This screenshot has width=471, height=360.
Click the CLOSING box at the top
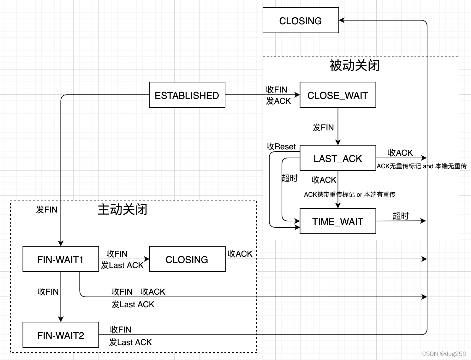coord(301,21)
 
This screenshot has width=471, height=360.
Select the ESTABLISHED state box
coord(187,95)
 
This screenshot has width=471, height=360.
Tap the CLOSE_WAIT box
coord(337,95)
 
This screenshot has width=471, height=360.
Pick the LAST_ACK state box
coord(337,158)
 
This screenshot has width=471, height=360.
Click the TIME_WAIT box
coord(337,221)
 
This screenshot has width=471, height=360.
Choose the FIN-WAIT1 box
coord(61,259)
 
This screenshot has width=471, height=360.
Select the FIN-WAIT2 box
coord(61,335)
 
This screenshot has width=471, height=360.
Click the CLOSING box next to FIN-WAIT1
coord(187,259)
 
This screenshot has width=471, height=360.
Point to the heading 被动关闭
coord(355,66)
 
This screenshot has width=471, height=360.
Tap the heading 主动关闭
coord(122,209)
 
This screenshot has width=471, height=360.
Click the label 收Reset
coord(281,147)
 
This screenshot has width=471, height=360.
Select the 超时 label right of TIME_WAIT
coord(401,216)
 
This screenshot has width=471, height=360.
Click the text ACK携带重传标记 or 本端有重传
coord(349,195)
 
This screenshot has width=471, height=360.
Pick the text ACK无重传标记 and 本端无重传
coord(421,166)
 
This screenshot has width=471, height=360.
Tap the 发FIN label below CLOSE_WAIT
coord(323,128)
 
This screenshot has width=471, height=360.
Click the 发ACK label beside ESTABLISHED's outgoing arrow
coord(278,101)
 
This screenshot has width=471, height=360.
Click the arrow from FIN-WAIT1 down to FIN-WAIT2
coord(61,303)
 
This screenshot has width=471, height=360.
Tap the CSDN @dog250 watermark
coord(444,354)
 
